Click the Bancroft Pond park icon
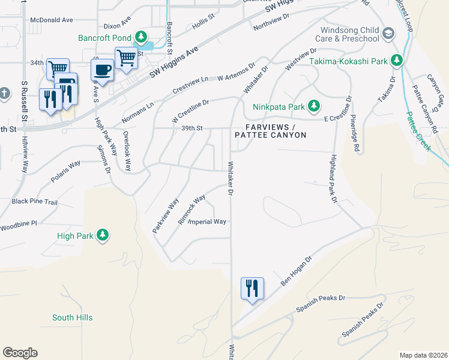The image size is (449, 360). pyautogui.click(x=142, y=38)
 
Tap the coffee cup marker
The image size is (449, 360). pyautogui.click(x=103, y=70)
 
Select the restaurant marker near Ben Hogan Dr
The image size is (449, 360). pyautogui.click(x=252, y=289)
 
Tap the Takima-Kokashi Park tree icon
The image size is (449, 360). pyautogui.click(x=396, y=61)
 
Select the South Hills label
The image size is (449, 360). pyautogui.click(x=72, y=317)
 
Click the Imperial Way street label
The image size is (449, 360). pyautogui.click(x=208, y=222)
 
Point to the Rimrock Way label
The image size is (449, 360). pyautogui.click(x=191, y=206)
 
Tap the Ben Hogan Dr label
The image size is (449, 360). pyautogui.click(x=297, y=271)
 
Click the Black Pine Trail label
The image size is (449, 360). pyautogui.click(x=35, y=202)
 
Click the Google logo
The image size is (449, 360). pyautogui.click(x=20, y=353)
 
